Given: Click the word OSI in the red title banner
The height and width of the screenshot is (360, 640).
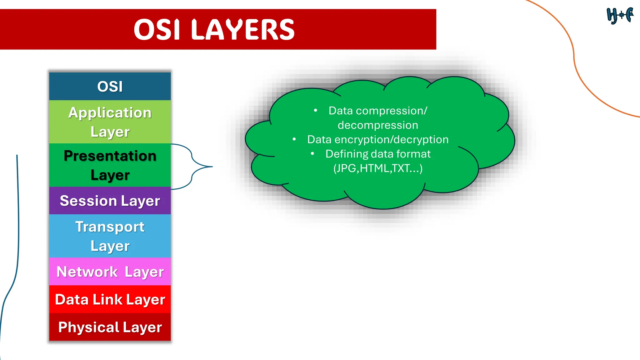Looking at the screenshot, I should click(157, 30).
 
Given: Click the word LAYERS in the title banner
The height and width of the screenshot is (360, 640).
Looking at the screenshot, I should click(242, 30).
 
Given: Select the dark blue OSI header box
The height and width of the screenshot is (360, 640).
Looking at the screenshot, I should click(110, 87).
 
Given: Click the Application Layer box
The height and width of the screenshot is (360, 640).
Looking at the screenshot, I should click(110, 122).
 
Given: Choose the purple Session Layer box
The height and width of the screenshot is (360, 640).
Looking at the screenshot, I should click(110, 201).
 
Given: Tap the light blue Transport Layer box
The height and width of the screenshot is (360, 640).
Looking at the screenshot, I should click(110, 236).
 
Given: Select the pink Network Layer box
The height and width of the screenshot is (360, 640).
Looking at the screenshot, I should click(110, 272).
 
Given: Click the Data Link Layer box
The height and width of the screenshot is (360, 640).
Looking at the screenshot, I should click(110, 299).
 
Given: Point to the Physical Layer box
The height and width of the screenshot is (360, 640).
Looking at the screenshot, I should click(110, 327).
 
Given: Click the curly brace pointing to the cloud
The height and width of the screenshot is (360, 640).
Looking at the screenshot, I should click(192, 167).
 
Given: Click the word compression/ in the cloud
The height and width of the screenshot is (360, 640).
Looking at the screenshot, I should click(391, 111).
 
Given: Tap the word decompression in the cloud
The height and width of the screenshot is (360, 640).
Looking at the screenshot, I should click(378, 125).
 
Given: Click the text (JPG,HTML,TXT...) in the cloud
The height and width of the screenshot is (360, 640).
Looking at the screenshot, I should click(378, 168).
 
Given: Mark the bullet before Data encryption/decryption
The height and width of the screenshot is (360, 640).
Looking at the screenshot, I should click(294, 139).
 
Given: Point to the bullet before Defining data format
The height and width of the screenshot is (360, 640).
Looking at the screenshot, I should click(312, 153).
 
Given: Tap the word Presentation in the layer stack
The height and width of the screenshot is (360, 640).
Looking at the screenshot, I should click(110, 156).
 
